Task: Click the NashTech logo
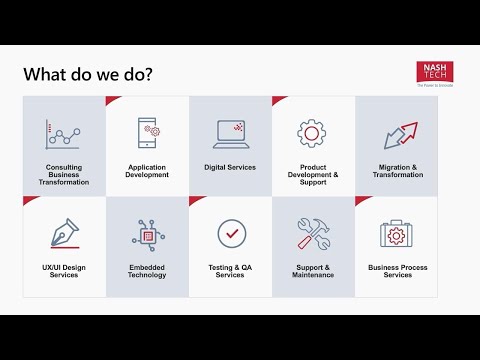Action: click(435, 74)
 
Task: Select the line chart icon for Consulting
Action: click(63, 133)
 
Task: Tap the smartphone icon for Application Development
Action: click(148, 133)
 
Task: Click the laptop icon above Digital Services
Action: click(230, 133)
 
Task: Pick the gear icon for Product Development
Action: click(313, 133)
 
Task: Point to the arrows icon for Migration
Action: click(397, 134)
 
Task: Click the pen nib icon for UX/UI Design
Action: click(64, 233)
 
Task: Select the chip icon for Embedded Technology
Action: click(147, 234)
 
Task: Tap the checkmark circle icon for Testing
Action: click(231, 233)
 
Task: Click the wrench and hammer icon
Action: click(313, 234)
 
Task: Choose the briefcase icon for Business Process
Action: click(397, 233)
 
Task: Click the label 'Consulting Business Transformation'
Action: click(64, 175)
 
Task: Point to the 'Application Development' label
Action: click(148, 171)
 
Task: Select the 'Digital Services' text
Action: click(230, 167)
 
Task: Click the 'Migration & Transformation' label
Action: click(397, 171)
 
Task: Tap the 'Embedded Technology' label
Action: click(147, 271)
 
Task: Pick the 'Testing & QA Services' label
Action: click(230, 271)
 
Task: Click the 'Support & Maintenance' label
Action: click(313, 271)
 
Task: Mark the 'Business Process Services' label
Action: click(397, 271)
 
